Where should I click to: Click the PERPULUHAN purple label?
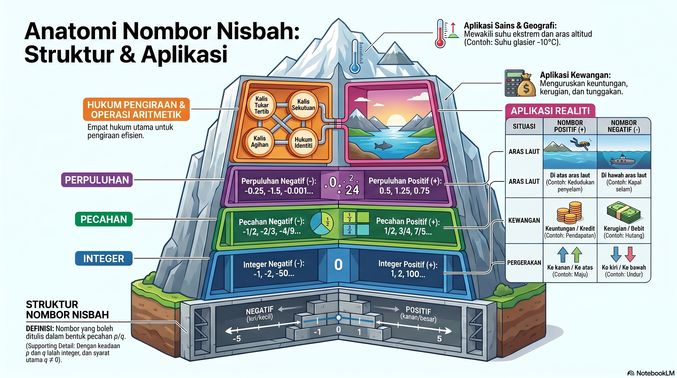tap(97, 180)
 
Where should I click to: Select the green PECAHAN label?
tap(104, 219)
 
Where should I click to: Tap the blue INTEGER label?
tap(104, 258)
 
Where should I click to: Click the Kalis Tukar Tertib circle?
tap(261, 105)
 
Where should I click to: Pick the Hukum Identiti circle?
tap(304, 142)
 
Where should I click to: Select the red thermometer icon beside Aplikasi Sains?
tap(440, 33)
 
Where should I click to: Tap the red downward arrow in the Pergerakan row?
tap(630, 254)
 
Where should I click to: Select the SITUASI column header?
tap(524, 126)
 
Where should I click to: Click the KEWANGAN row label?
tap(524, 220)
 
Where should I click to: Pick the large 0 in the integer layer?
tap(338, 265)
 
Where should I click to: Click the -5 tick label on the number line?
tap(236, 339)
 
